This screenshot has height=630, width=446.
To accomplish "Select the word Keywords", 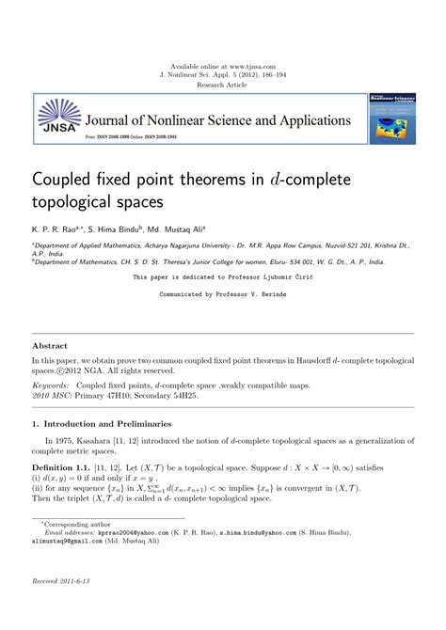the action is [51, 386].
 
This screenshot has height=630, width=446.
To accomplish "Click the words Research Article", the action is [223, 85].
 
